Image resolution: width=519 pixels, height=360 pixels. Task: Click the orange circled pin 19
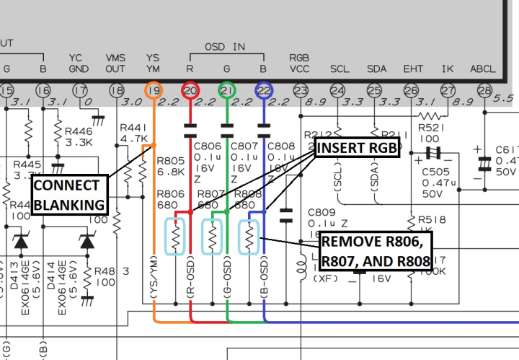coord(153,90)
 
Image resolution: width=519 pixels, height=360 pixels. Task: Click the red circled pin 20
coord(190,90)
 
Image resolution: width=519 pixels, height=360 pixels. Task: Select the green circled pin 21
coord(227,90)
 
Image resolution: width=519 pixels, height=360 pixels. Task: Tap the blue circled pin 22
coord(265,90)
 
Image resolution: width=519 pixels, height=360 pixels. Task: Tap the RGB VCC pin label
coord(299,63)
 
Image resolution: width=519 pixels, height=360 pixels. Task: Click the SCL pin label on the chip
coord(340,69)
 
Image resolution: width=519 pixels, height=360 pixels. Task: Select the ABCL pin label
coord(483,69)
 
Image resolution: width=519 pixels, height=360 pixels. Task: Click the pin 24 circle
coord(338,90)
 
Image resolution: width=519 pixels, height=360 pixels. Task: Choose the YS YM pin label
coord(153,63)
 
